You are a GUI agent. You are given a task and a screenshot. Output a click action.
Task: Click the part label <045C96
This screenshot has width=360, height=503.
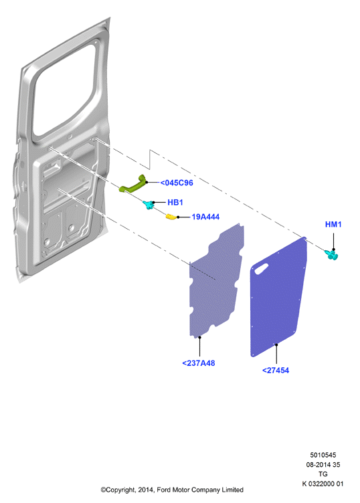(x=177, y=183)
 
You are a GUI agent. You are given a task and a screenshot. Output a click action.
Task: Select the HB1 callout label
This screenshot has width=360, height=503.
(x=175, y=203)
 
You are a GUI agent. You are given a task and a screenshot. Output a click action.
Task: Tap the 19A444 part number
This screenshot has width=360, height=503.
(x=205, y=217)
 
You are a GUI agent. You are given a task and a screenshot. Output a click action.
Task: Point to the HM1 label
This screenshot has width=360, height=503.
(x=333, y=225)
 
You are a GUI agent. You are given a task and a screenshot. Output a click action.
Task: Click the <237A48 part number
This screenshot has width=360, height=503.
(x=199, y=363)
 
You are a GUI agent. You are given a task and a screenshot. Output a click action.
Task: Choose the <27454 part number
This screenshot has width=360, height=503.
(x=276, y=371)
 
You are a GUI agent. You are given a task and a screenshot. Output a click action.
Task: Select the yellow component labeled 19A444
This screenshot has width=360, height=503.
(x=171, y=217)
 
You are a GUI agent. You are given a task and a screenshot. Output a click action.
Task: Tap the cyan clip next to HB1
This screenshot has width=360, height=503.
(x=149, y=205)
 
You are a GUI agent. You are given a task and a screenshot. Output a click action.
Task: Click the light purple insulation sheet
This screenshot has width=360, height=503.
(x=215, y=282)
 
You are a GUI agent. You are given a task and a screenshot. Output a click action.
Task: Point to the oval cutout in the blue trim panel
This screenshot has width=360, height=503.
(x=261, y=269)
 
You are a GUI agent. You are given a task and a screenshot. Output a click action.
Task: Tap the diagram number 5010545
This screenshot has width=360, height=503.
(x=323, y=455)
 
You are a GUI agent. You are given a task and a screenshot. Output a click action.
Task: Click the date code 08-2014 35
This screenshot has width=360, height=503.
(x=323, y=464)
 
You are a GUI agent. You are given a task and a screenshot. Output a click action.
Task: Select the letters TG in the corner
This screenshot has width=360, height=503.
(x=323, y=474)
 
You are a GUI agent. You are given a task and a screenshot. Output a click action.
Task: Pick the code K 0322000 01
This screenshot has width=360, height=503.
(x=323, y=484)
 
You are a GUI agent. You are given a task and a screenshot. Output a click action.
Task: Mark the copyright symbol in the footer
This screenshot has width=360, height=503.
(x=103, y=490)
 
